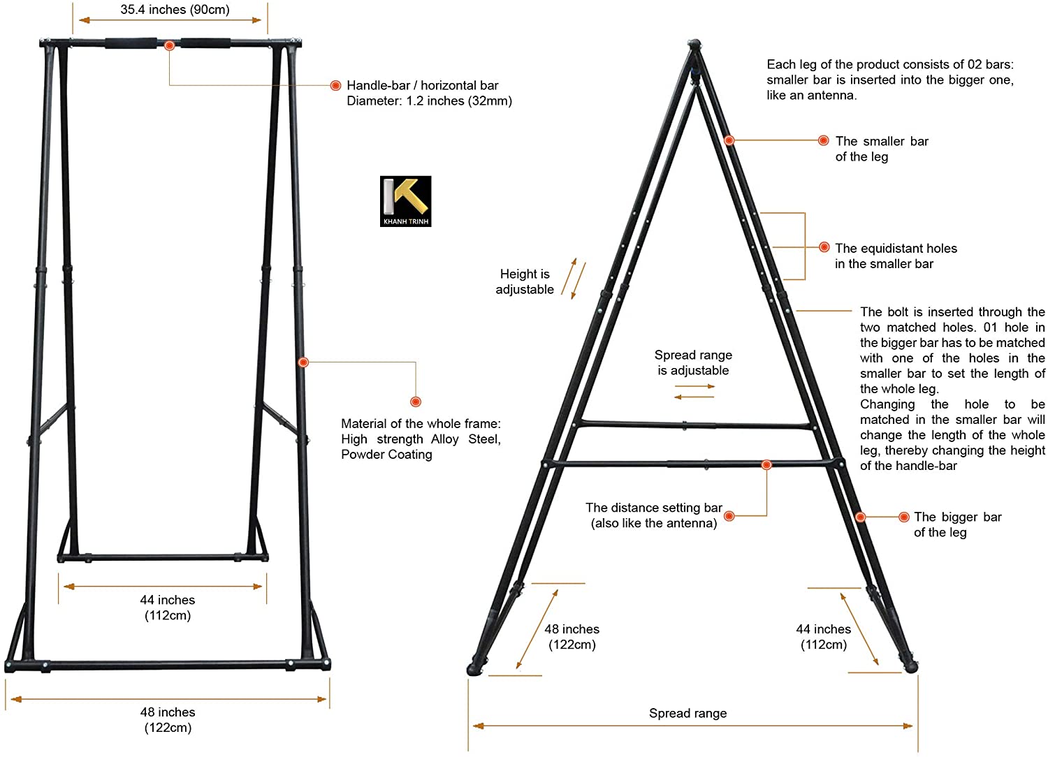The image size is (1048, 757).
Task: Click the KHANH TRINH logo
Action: pyautogui.click(x=405, y=201)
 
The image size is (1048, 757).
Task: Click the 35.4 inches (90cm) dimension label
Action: pyautogui.click(x=175, y=10)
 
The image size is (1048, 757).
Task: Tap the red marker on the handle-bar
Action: pyautogui.click(x=169, y=45)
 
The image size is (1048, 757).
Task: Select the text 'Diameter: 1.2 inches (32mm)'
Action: pyautogui.click(x=429, y=101)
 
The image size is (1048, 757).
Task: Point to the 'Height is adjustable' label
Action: pyautogui.click(x=524, y=281)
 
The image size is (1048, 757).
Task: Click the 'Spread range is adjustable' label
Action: pyautogui.click(x=693, y=362)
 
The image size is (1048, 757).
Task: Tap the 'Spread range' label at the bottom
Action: pyautogui.click(x=687, y=713)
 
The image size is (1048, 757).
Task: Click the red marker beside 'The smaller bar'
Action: pyautogui.click(x=824, y=140)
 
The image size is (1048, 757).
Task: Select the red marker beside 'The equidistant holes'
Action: pyautogui.click(x=824, y=247)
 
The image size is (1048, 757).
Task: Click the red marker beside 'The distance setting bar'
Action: pyautogui.click(x=729, y=516)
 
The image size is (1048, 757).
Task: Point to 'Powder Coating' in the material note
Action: pyautogui.click(x=386, y=455)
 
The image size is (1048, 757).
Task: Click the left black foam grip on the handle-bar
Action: pyautogui.click(x=131, y=43)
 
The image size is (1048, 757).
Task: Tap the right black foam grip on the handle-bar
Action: pyautogui.click(x=205, y=43)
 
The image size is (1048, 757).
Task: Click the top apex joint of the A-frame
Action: pyautogui.click(x=693, y=46)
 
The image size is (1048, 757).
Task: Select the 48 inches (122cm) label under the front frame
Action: pyautogui.click(x=168, y=720)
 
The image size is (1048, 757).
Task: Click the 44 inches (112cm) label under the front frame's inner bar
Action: pyautogui.click(x=168, y=608)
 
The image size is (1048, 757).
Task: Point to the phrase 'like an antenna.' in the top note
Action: pyautogui.click(x=811, y=96)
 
